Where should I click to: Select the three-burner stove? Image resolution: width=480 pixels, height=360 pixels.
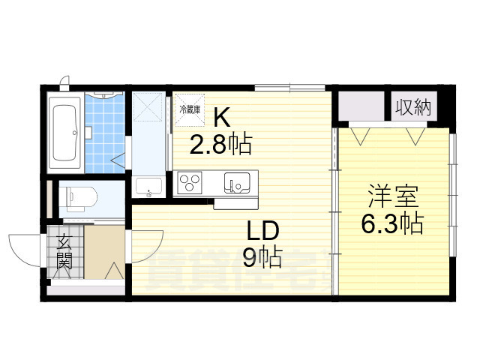coord(190,182)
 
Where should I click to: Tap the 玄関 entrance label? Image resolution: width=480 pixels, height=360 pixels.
coord(64,252)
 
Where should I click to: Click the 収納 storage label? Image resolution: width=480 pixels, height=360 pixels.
coord(414,106)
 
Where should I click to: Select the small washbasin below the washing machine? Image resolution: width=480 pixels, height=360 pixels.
coord(147,187)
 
